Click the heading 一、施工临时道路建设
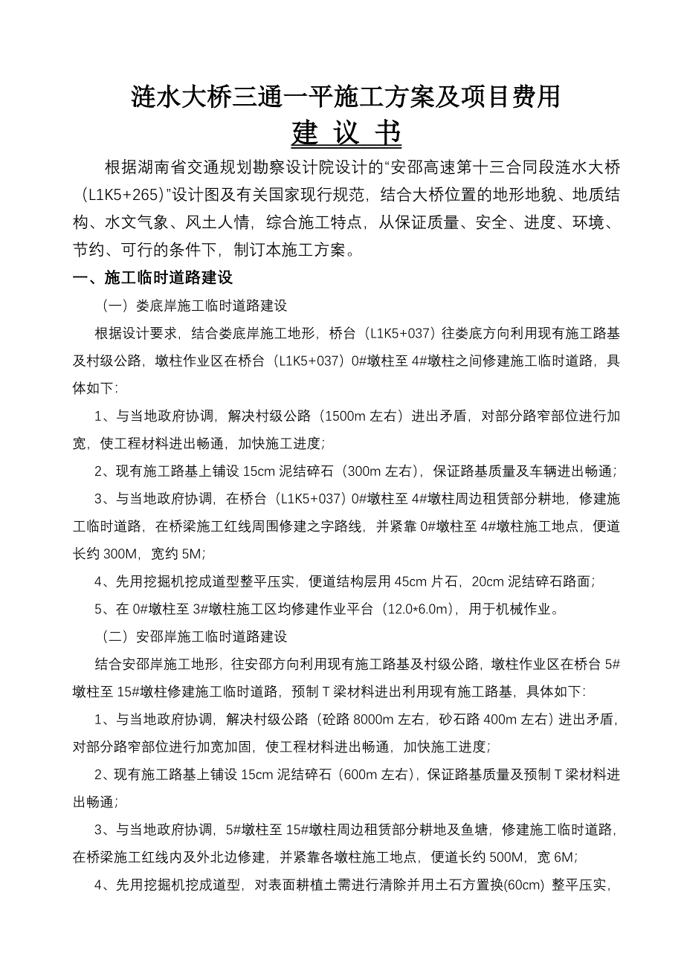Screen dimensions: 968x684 tap(152, 278)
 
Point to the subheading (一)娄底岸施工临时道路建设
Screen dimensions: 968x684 tap(194, 306)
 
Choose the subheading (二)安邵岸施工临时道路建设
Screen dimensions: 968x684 tap(194, 637)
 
